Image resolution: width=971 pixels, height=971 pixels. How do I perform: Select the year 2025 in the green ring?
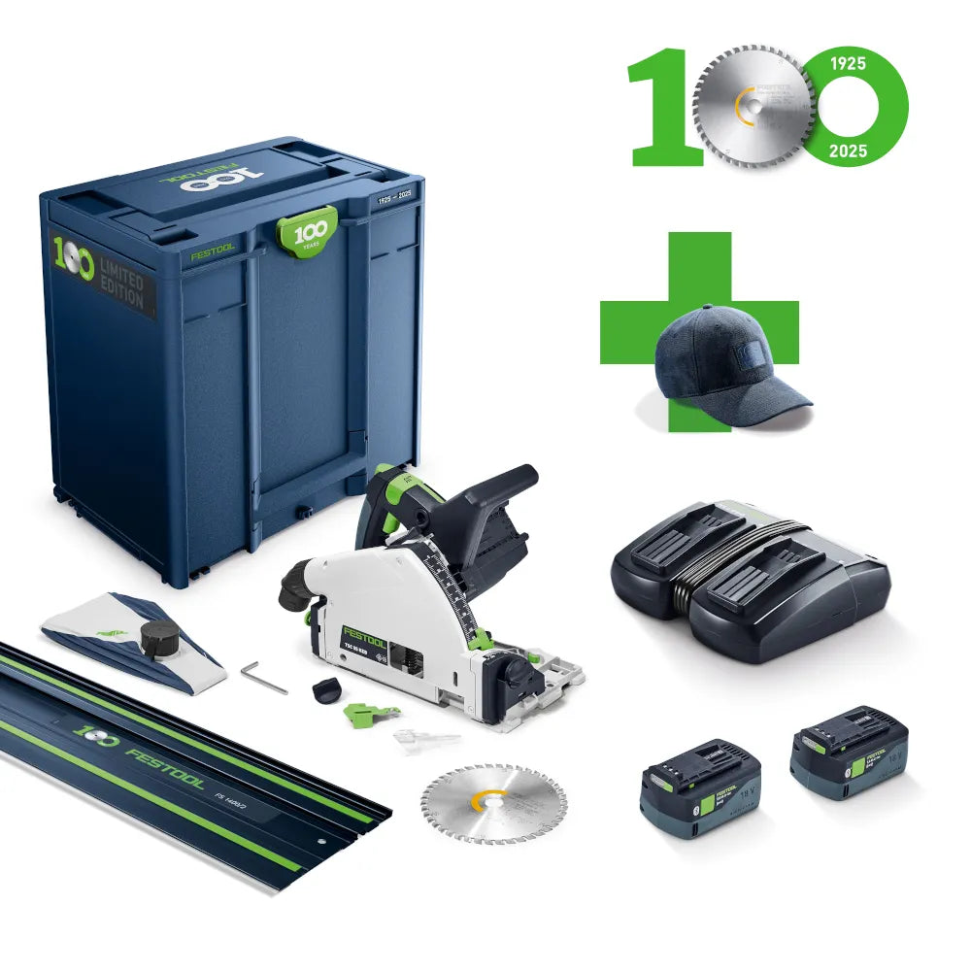coord(847,151)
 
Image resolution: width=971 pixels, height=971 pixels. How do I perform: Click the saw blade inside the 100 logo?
coord(753,105)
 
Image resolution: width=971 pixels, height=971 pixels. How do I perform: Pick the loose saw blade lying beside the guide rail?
coord(480,802)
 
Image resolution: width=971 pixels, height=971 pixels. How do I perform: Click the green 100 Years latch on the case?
coord(308,231)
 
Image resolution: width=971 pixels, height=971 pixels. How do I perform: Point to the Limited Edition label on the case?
coord(122,286)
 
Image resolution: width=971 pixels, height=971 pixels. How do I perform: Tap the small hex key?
coord(264,678)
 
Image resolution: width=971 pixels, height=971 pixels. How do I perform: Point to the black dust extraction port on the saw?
coord(293,588)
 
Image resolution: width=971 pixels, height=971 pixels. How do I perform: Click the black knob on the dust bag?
coord(159,637)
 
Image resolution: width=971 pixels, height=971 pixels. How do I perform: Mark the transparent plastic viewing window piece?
coord(424,740)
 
